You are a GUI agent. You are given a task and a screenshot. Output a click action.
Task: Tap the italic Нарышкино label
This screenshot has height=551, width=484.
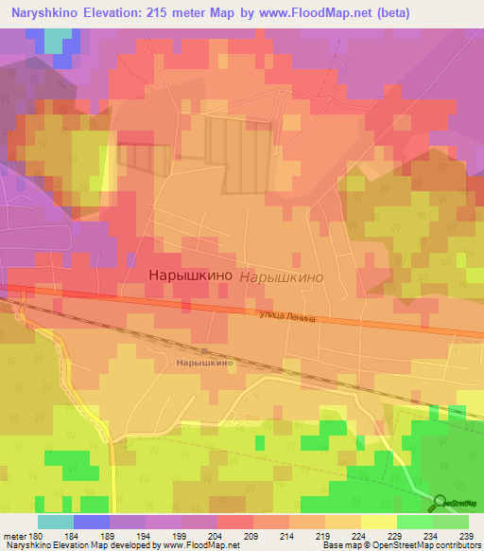(283, 277)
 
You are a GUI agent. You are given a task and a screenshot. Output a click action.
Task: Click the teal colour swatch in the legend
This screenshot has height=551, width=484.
(56, 522)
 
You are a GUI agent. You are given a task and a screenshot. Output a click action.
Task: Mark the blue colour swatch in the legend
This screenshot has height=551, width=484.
(92, 522)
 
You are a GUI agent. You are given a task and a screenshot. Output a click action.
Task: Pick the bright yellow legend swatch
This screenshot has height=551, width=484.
(378, 522)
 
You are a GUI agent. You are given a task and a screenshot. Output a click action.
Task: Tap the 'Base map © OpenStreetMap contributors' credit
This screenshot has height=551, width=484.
(400, 545)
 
